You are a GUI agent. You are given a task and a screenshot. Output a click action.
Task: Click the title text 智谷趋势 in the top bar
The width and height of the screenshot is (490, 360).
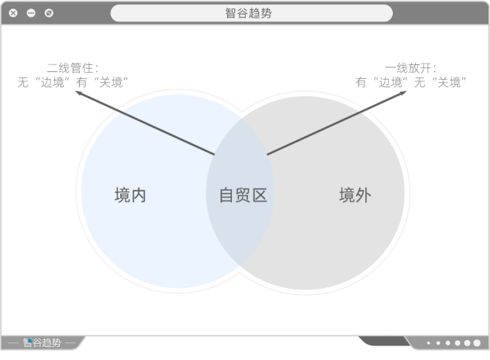pyautogui.click(x=248, y=13)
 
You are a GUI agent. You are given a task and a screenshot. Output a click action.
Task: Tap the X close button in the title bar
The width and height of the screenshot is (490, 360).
pyautogui.click(x=13, y=13)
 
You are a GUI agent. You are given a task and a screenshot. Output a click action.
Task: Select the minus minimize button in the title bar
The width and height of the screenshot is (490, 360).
pyautogui.click(x=31, y=13)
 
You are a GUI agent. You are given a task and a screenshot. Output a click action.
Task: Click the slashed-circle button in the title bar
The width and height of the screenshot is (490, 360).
pyautogui.click(x=49, y=13)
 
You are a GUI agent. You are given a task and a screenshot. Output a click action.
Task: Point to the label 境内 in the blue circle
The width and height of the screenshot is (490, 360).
pyautogui.click(x=130, y=195)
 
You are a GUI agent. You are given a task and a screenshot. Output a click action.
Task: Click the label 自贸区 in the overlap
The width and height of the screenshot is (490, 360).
pyautogui.click(x=243, y=195)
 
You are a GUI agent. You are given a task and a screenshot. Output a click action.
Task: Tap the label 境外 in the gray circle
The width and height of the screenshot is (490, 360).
pyautogui.click(x=355, y=195)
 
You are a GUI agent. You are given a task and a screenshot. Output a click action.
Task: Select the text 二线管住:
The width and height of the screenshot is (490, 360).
pyautogui.click(x=73, y=68)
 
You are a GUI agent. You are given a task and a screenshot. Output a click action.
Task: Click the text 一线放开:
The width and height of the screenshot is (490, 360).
pyautogui.click(x=410, y=68)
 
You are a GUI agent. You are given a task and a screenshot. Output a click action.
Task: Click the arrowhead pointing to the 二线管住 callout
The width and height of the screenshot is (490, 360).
pyautogui.click(x=78, y=93)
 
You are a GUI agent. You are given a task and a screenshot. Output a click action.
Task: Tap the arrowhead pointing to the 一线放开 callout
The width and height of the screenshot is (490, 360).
pyautogui.click(x=403, y=93)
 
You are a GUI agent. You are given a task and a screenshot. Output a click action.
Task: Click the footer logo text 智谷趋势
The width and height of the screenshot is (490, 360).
pyautogui.click(x=42, y=342)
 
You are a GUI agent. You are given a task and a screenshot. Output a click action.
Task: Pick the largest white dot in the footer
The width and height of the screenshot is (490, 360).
pyautogui.click(x=477, y=343)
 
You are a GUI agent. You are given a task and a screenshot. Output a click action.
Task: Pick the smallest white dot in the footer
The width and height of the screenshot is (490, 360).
pyautogui.click(x=429, y=343)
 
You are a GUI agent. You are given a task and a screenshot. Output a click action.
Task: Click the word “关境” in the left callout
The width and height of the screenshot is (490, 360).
pyautogui.click(x=111, y=83)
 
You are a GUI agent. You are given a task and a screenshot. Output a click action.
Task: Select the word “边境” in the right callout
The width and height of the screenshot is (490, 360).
pyautogui.click(x=390, y=83)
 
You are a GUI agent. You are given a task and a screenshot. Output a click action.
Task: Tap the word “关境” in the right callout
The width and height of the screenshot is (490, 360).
pyautogui.click(x=449, y=83)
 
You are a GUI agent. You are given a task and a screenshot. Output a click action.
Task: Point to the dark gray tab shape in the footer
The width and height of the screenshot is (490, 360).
pyautogui.click(x=384, y=341)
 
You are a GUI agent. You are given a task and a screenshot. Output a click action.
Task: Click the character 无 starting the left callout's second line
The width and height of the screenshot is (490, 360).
pyautogui.click(x=23, y=83)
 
